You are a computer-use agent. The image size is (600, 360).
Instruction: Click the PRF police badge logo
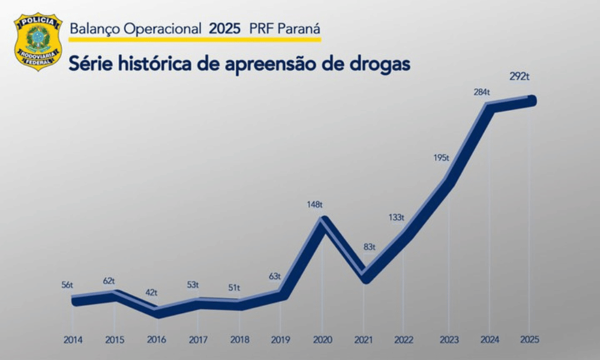point(38,41)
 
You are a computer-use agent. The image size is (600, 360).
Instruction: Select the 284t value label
point(481,92)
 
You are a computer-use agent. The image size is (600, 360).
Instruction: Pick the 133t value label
point(396,217)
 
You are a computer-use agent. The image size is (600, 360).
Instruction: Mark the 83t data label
point(369,247)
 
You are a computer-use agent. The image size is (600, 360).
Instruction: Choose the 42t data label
point(151,293)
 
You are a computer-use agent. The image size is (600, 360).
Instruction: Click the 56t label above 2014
point(67,285)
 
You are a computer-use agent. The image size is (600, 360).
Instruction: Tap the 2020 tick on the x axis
point(322,340)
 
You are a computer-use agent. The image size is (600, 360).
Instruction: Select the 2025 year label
point(530,340)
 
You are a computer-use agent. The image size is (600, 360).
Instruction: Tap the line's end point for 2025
point(530,101)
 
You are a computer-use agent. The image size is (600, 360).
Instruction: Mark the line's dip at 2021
point(364,278)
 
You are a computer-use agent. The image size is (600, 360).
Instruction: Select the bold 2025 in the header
point(224,28)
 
